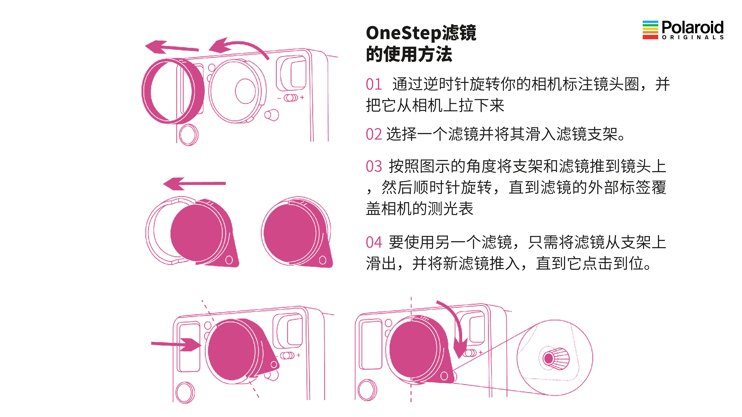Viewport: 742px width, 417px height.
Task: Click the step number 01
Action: [374, 85]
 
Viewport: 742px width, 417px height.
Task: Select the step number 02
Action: [374, 134]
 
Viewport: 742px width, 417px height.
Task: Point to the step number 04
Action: [374, 242]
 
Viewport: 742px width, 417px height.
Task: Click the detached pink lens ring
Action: [173, 91]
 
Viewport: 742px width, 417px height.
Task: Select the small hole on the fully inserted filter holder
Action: [323, 260]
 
